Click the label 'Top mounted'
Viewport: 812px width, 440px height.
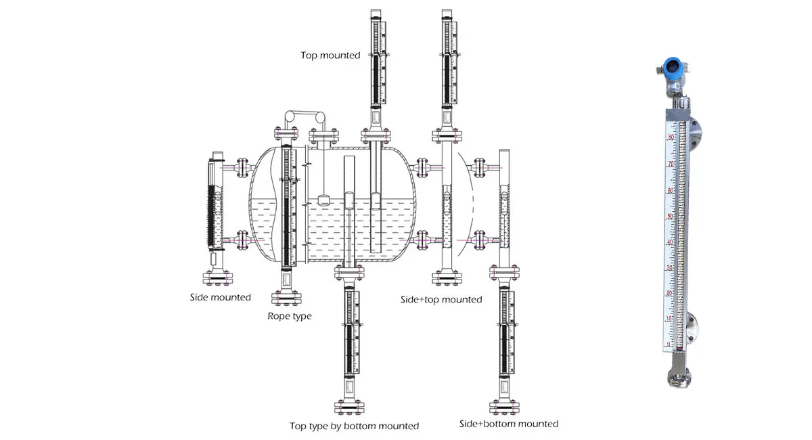click(330, 56)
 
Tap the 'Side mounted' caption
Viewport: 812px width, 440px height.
click(221, 297)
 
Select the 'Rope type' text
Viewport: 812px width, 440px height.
click(290, 316)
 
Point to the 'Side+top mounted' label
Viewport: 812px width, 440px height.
click(441, 299)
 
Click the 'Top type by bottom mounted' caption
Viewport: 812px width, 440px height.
click(354, 426)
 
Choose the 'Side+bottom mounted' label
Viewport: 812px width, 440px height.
click(508, 424)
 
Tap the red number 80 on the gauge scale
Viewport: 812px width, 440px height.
click(670, 138)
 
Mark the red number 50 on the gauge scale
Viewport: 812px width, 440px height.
click(670, 217)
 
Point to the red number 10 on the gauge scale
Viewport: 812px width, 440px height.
click(669, 319)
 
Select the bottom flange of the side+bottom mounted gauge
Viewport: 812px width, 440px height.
click(505, 406)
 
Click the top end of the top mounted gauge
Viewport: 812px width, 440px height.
click(377, 14)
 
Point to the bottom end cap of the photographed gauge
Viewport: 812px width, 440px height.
click(678, 379)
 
